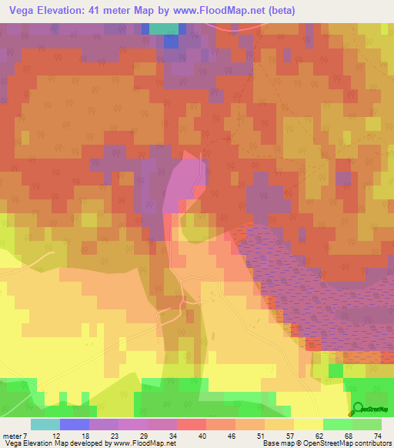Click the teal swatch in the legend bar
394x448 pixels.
pos(45,424)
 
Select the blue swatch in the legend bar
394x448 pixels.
pos(75,424)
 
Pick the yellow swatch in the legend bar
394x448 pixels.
pos(309,424)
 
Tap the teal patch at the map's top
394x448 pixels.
pos(162,28)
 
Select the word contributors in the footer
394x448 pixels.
pos(373,444)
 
